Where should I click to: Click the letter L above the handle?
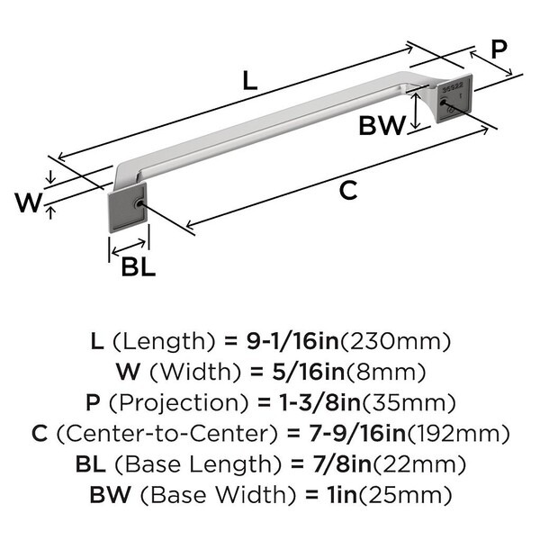(x=250, y=81)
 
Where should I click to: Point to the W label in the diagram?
(x=28, y=203)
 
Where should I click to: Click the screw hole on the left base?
(x=137, y=204)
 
